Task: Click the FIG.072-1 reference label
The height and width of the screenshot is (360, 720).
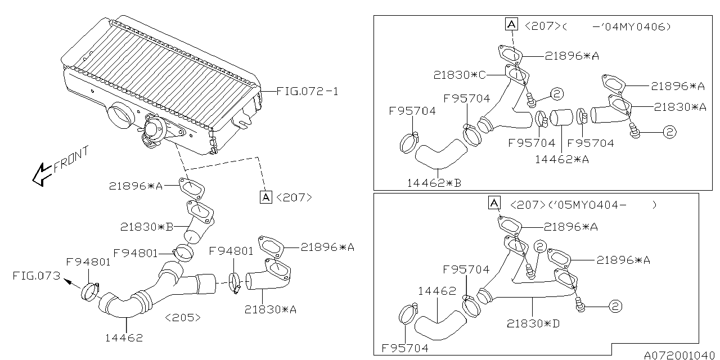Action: click(307, 92)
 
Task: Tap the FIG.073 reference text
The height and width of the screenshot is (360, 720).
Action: click(37, 276)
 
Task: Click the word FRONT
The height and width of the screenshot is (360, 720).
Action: click(71, 159)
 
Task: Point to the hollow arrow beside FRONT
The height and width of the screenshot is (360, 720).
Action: click(41, 174)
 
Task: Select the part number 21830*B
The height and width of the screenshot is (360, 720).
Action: click(147, 227)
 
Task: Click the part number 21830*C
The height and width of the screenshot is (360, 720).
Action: click(460, 75)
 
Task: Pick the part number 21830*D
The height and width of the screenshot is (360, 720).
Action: click(533, 323)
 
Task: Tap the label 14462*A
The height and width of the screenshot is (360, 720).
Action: click(562, 159)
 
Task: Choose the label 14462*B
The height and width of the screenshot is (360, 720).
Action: click(434, 183)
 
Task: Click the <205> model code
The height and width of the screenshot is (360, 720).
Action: click(183, 318)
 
